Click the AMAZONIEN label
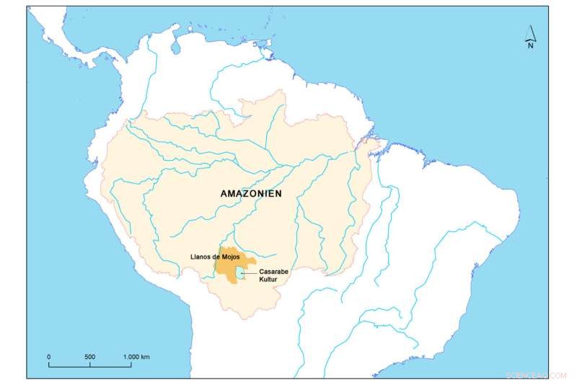pos(250,194)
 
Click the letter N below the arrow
pos(529,45)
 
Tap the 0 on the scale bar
pos(48,357)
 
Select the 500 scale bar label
pos(89,357)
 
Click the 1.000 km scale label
pos(136,357)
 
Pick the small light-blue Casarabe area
pos(239,274)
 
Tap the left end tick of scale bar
pos(48,365)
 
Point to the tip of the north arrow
pos(530,25)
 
